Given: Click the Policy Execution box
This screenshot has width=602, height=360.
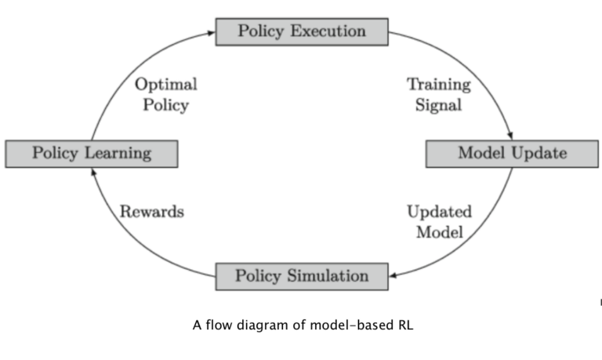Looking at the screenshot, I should (302, 32).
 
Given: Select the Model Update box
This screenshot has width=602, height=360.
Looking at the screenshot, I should (511, 153).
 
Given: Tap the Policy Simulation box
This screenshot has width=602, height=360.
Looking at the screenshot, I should (302, 276).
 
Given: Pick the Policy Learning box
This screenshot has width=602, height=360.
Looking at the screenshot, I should (91, 153).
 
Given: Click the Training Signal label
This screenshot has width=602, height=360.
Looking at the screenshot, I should (439, 94).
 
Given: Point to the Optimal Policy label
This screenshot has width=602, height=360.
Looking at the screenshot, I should (165, 94).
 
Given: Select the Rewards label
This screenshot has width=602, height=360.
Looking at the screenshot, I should (151, 212).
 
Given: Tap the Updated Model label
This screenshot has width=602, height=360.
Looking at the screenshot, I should (439, 221).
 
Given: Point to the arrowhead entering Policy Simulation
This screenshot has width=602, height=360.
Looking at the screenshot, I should (393, 275).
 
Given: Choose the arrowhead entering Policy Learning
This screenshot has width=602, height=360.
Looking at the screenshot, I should (92, 170).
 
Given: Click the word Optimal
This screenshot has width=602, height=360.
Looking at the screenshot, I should (165, 84).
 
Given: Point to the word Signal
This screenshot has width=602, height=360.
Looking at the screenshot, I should (439, 104).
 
